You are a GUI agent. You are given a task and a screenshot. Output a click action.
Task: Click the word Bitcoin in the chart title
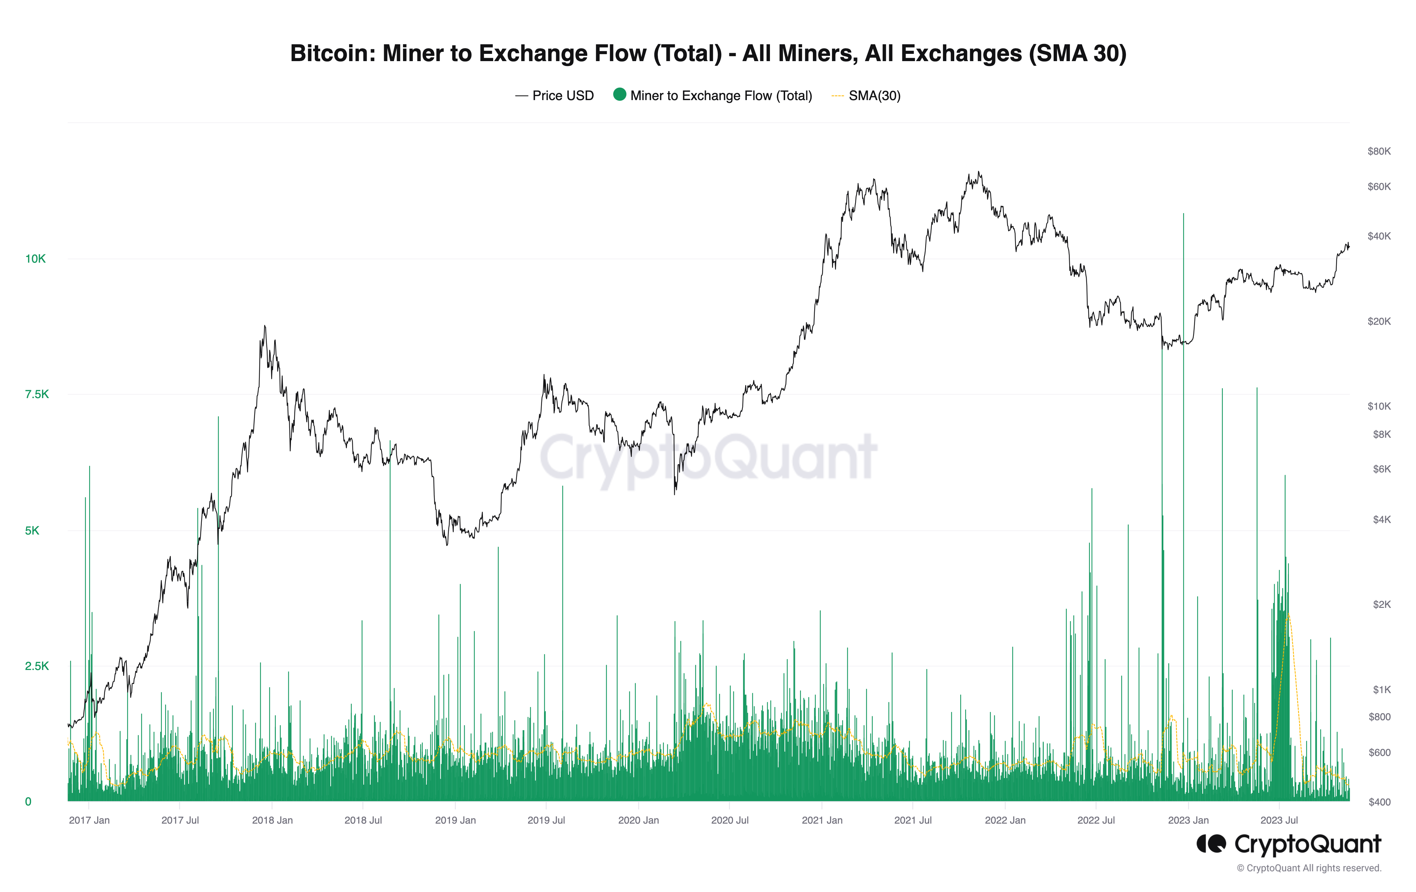point(331,54)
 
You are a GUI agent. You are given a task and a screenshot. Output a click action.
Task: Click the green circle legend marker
point(619,95)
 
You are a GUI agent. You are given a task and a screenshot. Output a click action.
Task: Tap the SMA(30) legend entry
point(874,96)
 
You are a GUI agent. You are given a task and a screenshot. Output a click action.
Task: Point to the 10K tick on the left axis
point(35,259)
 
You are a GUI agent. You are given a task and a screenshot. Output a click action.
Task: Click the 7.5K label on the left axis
point(36,394)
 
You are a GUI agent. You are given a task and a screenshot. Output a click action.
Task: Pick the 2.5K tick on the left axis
point(36,666)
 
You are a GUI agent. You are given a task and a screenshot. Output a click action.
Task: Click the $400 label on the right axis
point(1379,802)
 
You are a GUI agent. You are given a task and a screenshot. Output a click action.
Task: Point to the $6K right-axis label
point(1381,469)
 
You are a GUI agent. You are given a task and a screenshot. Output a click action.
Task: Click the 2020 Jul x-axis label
point(730,820)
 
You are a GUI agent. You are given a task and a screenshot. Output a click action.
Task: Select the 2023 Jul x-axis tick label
point(1279,820)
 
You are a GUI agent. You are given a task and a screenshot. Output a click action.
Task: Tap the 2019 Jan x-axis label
point(455,820)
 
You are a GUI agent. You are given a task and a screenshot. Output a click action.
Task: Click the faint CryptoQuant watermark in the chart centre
point(708,458)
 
